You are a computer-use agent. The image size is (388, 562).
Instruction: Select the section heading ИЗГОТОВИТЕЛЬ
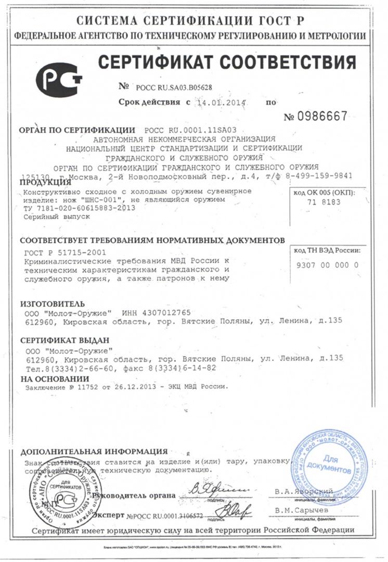(x=51, y=303)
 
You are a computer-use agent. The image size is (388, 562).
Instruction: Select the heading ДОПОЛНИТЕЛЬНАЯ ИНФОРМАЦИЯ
(x=94, y=451)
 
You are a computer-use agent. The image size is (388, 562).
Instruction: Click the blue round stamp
(x=327, y=463)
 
